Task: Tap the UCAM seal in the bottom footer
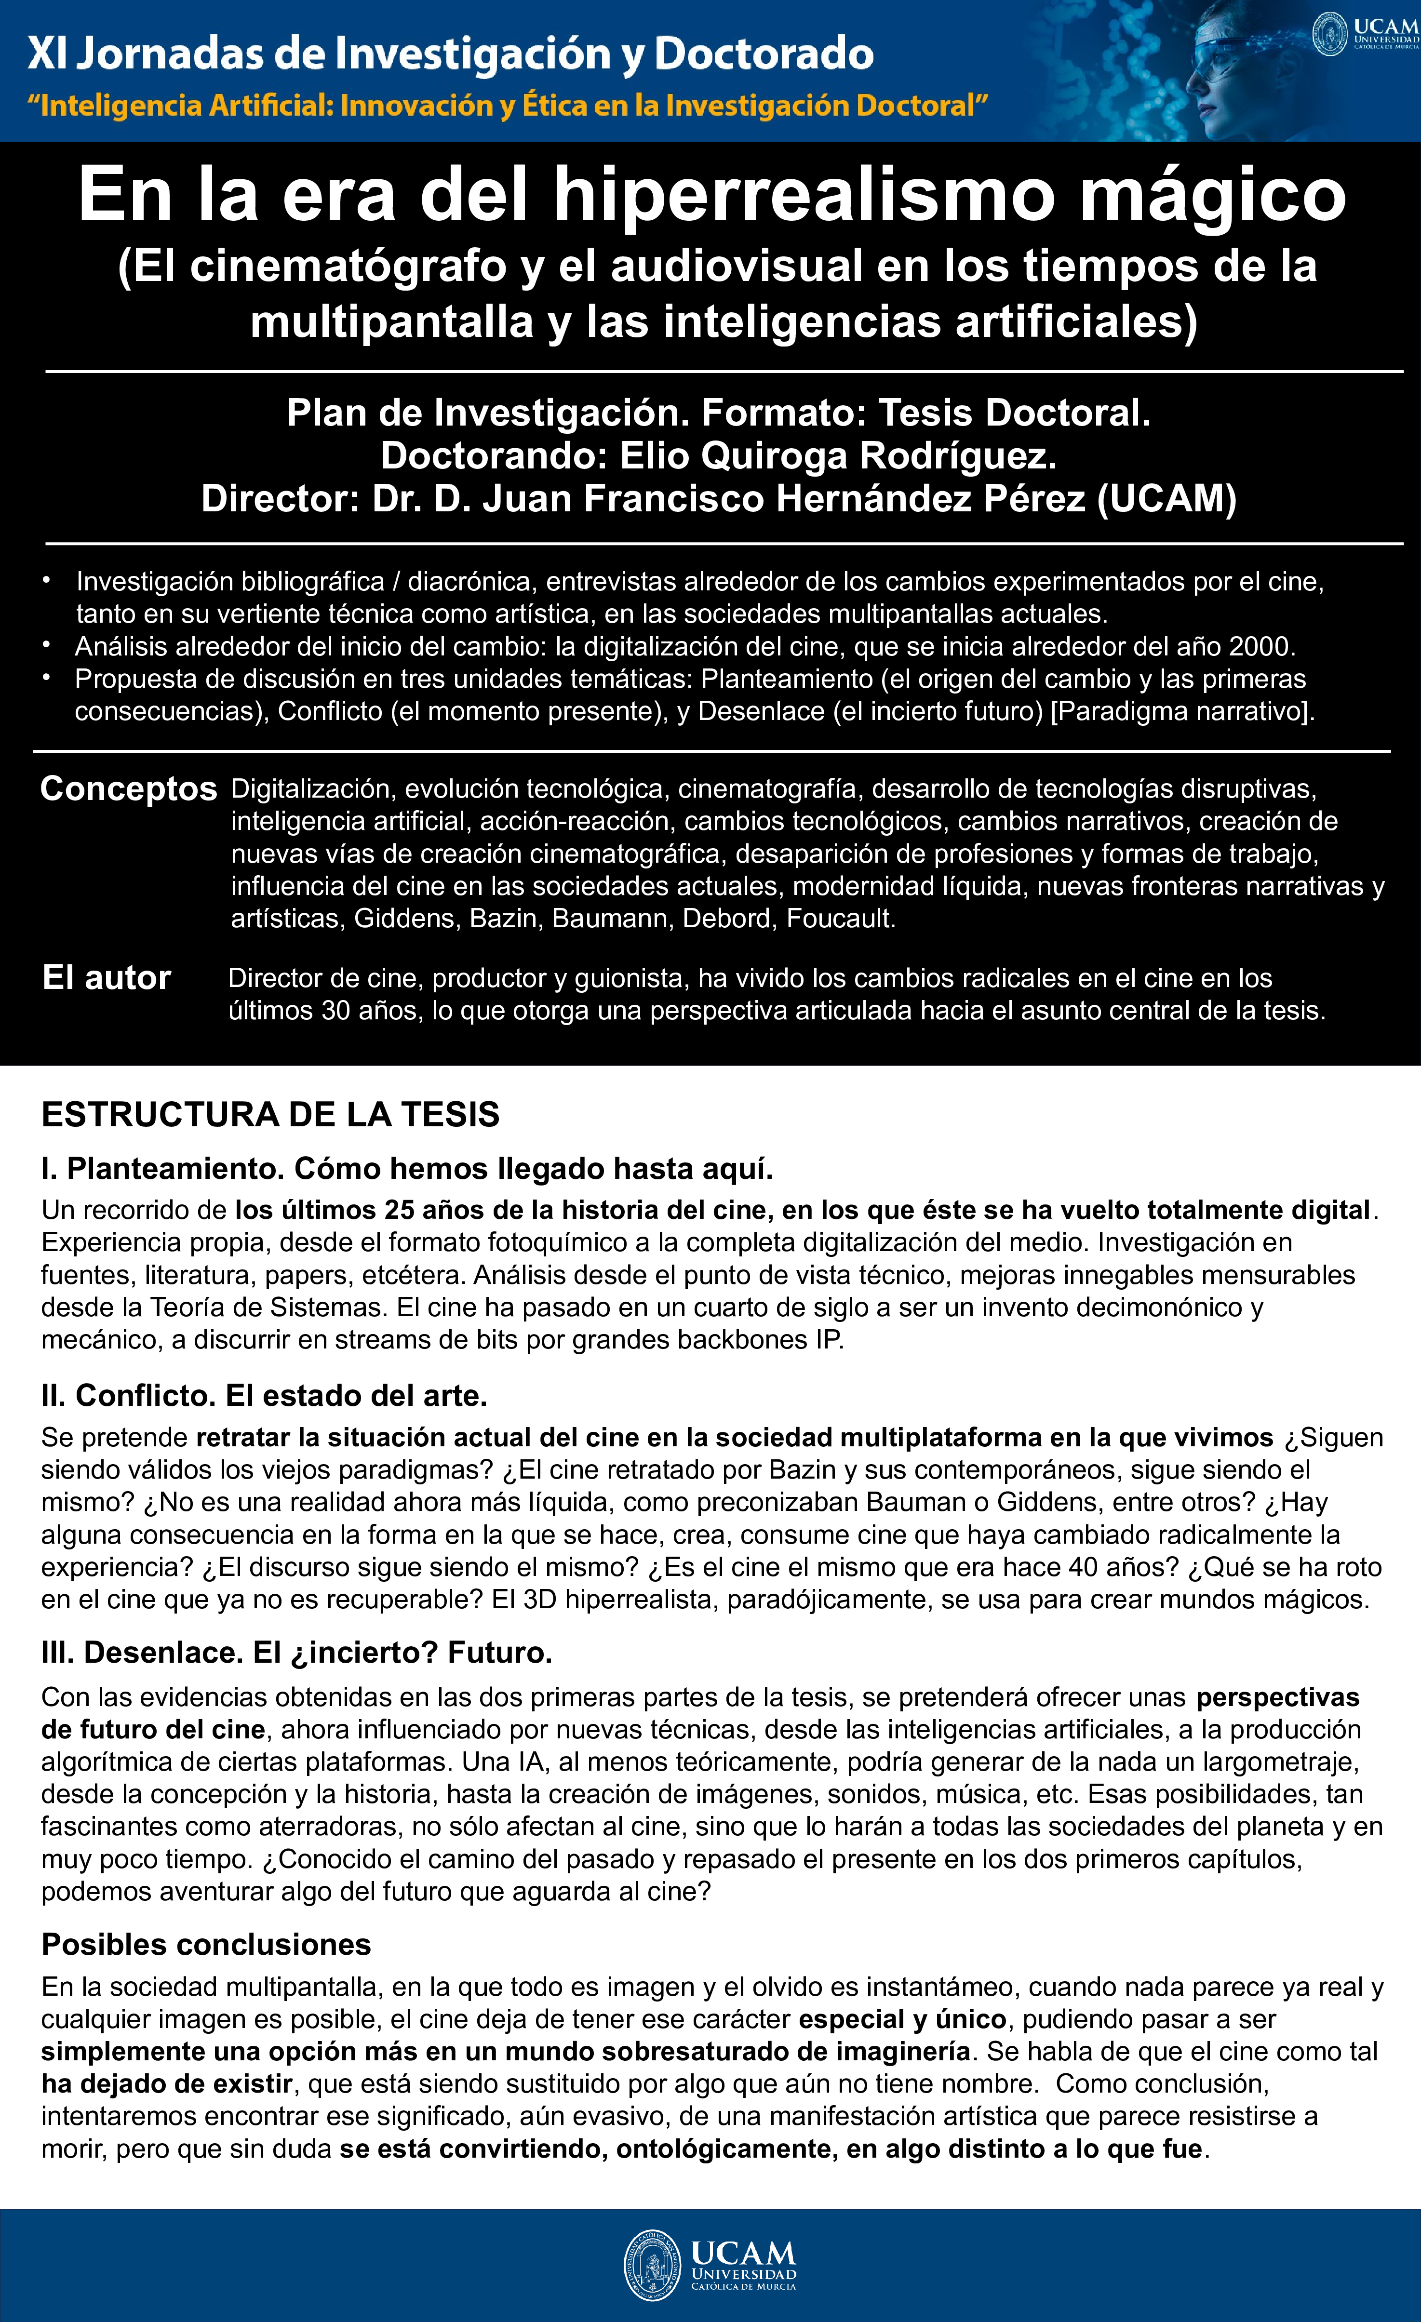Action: (651, 2265)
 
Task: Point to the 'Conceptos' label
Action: (128, 789)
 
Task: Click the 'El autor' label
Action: (107, 978)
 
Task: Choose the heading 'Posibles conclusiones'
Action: (206, 1944)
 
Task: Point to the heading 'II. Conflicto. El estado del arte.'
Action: (264, 1396)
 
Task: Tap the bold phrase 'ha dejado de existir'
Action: (167, 2083)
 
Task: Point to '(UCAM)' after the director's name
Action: (1166, 498)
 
